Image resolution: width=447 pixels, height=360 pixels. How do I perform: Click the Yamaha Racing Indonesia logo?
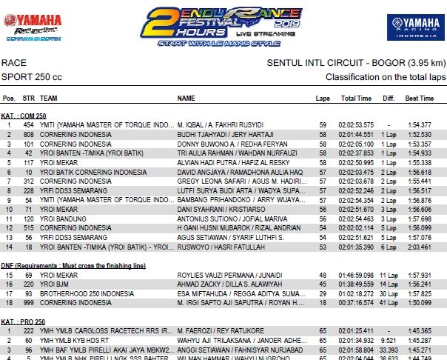pyautogui.click(x=409, y=27)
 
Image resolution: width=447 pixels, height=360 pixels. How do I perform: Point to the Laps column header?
pyautogui.click(x=323, y=99)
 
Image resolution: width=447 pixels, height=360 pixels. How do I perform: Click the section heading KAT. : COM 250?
pyautogui.click(x=24, y=115)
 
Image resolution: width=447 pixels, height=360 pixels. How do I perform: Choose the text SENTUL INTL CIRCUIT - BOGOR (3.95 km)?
pyautogui.click(x=355, y=64)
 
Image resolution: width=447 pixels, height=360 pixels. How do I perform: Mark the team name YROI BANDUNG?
pyautogui.click(x=62, y=219)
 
